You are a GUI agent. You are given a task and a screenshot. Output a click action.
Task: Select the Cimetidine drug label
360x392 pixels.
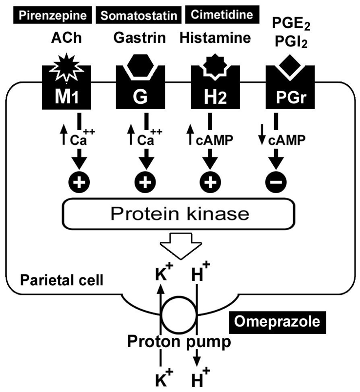221,15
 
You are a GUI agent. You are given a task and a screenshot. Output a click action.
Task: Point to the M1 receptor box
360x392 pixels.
66,96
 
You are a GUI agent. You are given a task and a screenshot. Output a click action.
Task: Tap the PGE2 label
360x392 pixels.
286,22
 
